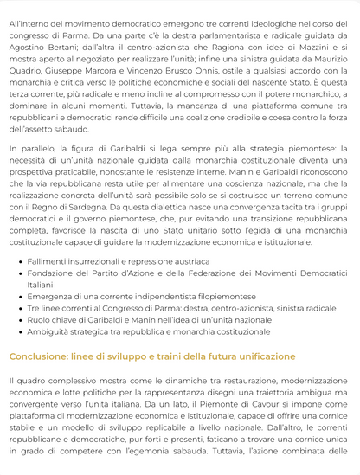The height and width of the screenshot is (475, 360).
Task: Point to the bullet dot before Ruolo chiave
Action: [x=19, y=320]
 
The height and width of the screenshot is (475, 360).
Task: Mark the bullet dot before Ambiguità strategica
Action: [x=19, y=332]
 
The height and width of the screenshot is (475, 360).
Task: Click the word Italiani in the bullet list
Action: [x=40, y=284]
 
